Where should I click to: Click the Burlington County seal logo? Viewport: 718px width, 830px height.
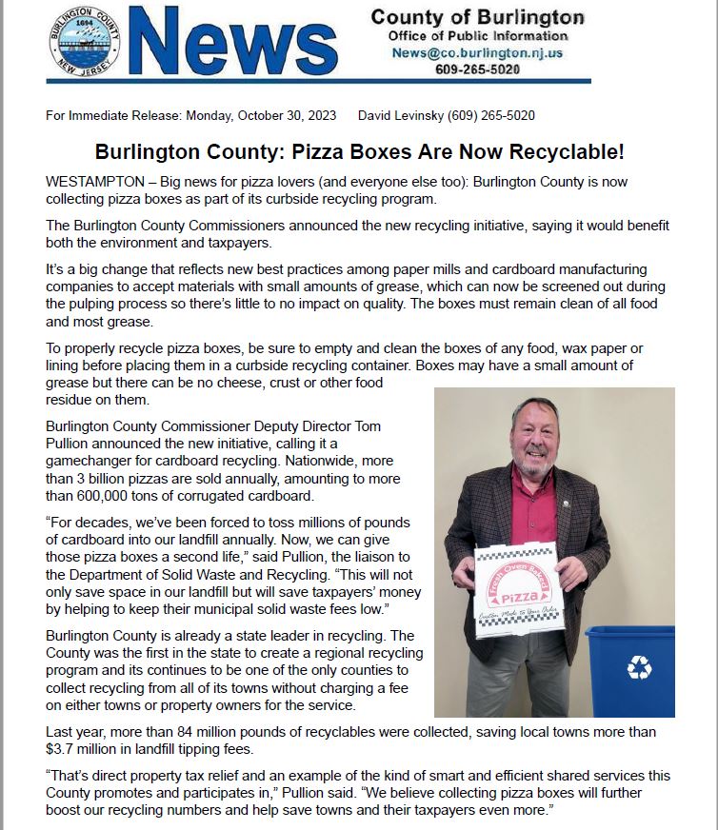(x=84, y=43)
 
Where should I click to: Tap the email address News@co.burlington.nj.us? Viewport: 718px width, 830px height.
(x=477, y=53)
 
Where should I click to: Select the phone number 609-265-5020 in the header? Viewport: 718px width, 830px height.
(x=477, y=69)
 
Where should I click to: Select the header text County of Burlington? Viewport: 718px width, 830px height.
(x=477, y=18)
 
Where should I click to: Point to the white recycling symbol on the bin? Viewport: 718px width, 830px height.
(x=639, y=668)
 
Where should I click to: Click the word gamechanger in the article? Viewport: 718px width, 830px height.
(x=90, y=461)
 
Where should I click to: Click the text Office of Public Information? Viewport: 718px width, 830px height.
(x=477, y=36)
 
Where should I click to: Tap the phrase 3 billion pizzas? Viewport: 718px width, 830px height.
(x=122, y=478)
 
